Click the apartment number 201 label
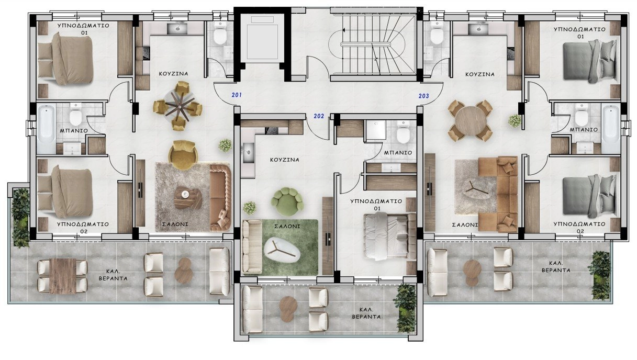coord(237,95)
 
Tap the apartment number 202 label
coord(319,116)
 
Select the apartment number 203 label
coord(423,96)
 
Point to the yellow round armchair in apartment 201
coord(183,155)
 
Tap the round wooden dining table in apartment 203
coord(471,120)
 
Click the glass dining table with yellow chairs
coord(178,107)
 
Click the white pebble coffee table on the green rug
coord(282,251)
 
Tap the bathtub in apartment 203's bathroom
coord(610,129)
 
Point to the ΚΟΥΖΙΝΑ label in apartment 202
coord(285,160)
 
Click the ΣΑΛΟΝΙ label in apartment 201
coord(175,224)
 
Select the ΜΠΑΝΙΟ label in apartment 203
coord(584,130)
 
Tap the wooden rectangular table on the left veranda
coord(63,276)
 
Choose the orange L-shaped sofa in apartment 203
coord(498,194)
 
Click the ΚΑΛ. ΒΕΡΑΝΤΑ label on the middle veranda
coord(366,313)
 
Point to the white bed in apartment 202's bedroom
coord(389,237)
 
